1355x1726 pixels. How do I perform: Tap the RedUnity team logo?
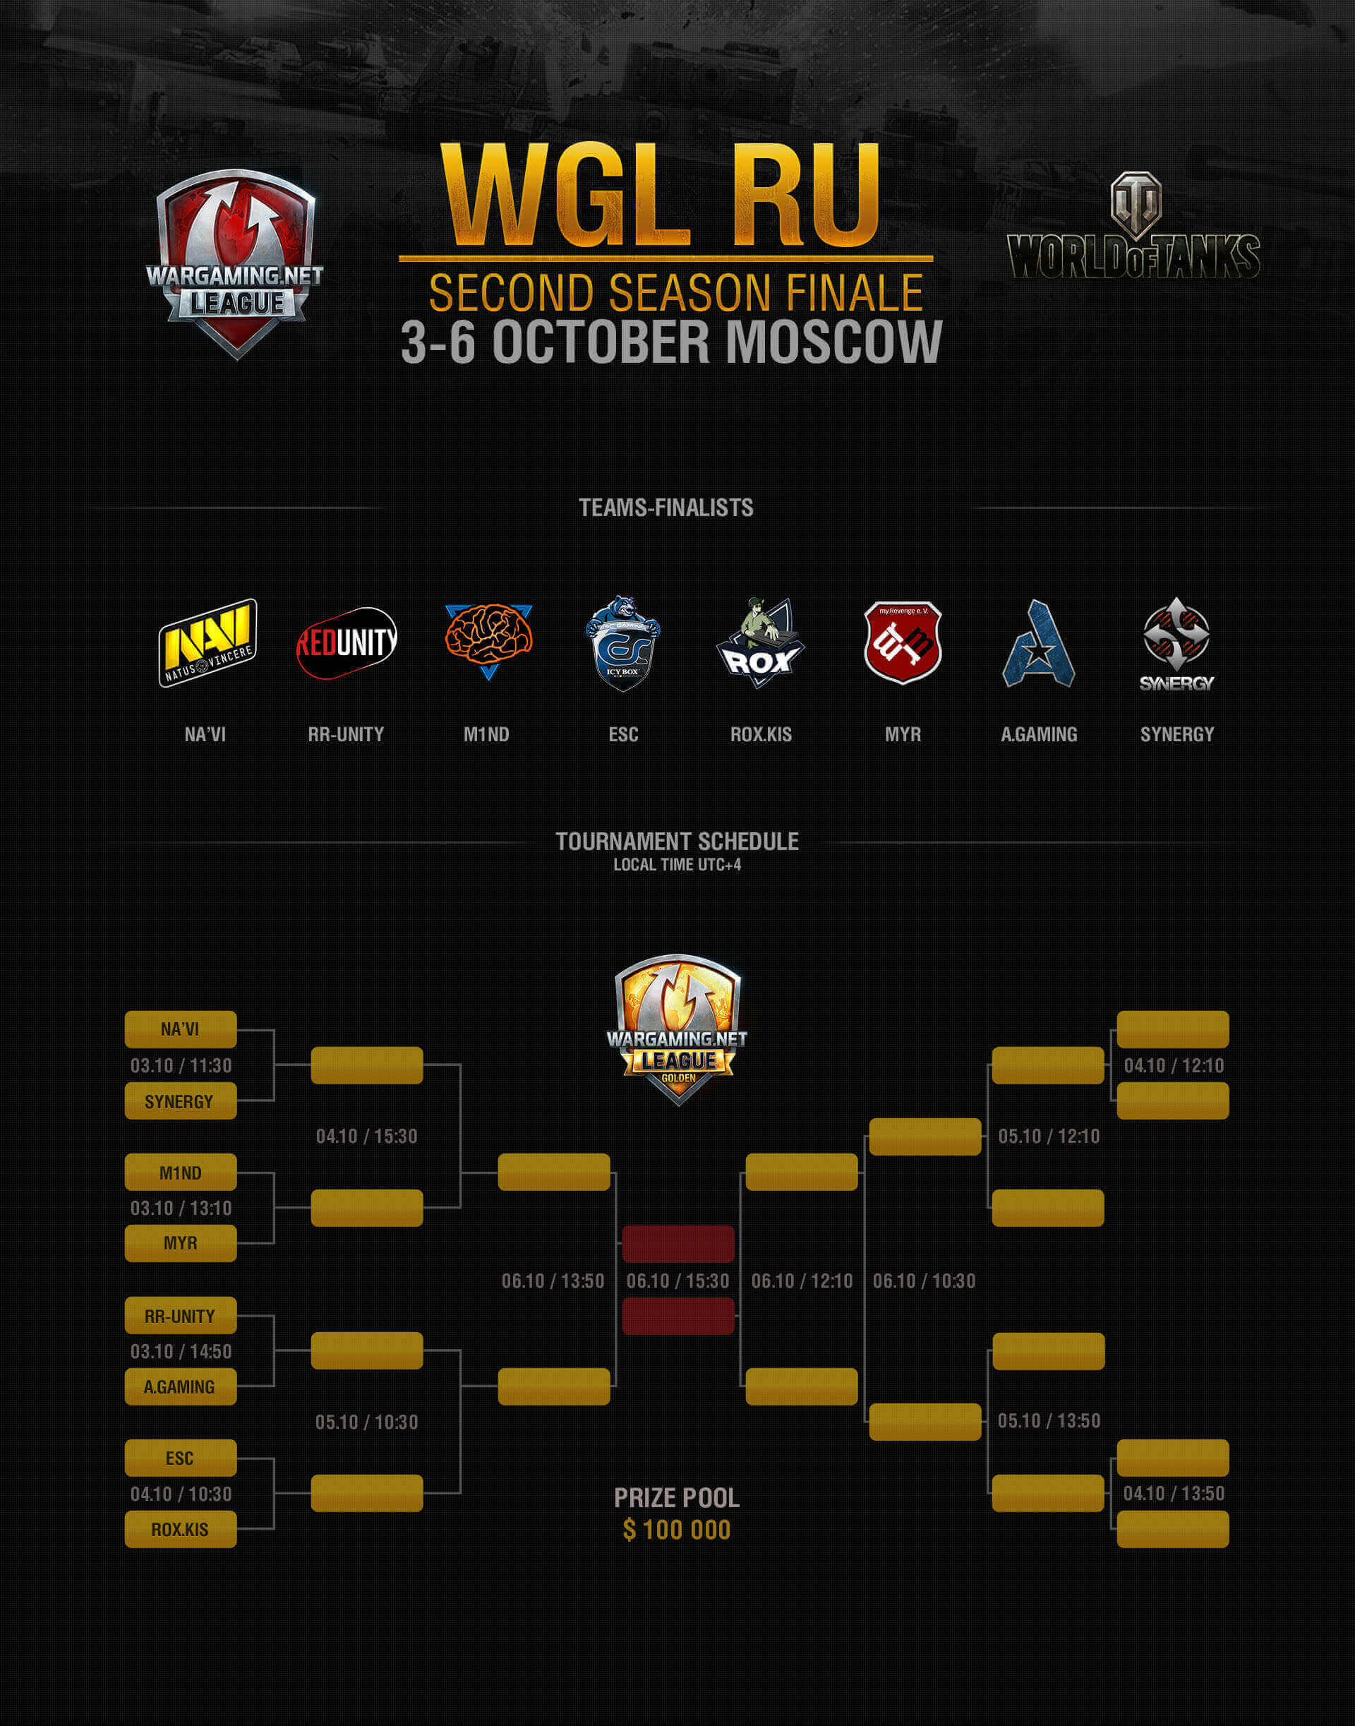click(x=346, y=643)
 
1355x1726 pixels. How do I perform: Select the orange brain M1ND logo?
click(x=488, y=638)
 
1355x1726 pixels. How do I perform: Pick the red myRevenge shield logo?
click(x=902, y=642)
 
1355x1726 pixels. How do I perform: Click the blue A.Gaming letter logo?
click(x=1038, y=645)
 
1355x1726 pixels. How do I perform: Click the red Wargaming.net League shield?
click(x=236, y=262)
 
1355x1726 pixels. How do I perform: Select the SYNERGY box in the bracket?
click(x=180, y=1101)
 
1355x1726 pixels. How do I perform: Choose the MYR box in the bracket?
click(x=180, y=1242)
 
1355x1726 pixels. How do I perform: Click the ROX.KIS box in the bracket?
click(x=180, y=1528)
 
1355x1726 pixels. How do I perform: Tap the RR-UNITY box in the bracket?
click(x=180, y=1316)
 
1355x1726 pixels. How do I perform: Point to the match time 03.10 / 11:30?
click(x=181, y=1065)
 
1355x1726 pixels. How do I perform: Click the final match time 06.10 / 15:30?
click(x=677, y=1281)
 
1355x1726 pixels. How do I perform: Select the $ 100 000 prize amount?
click(x=677, y=1529)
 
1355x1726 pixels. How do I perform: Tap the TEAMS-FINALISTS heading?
click(x=666, y=507)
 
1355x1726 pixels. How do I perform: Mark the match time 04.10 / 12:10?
click(x=1174, y=1065)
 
